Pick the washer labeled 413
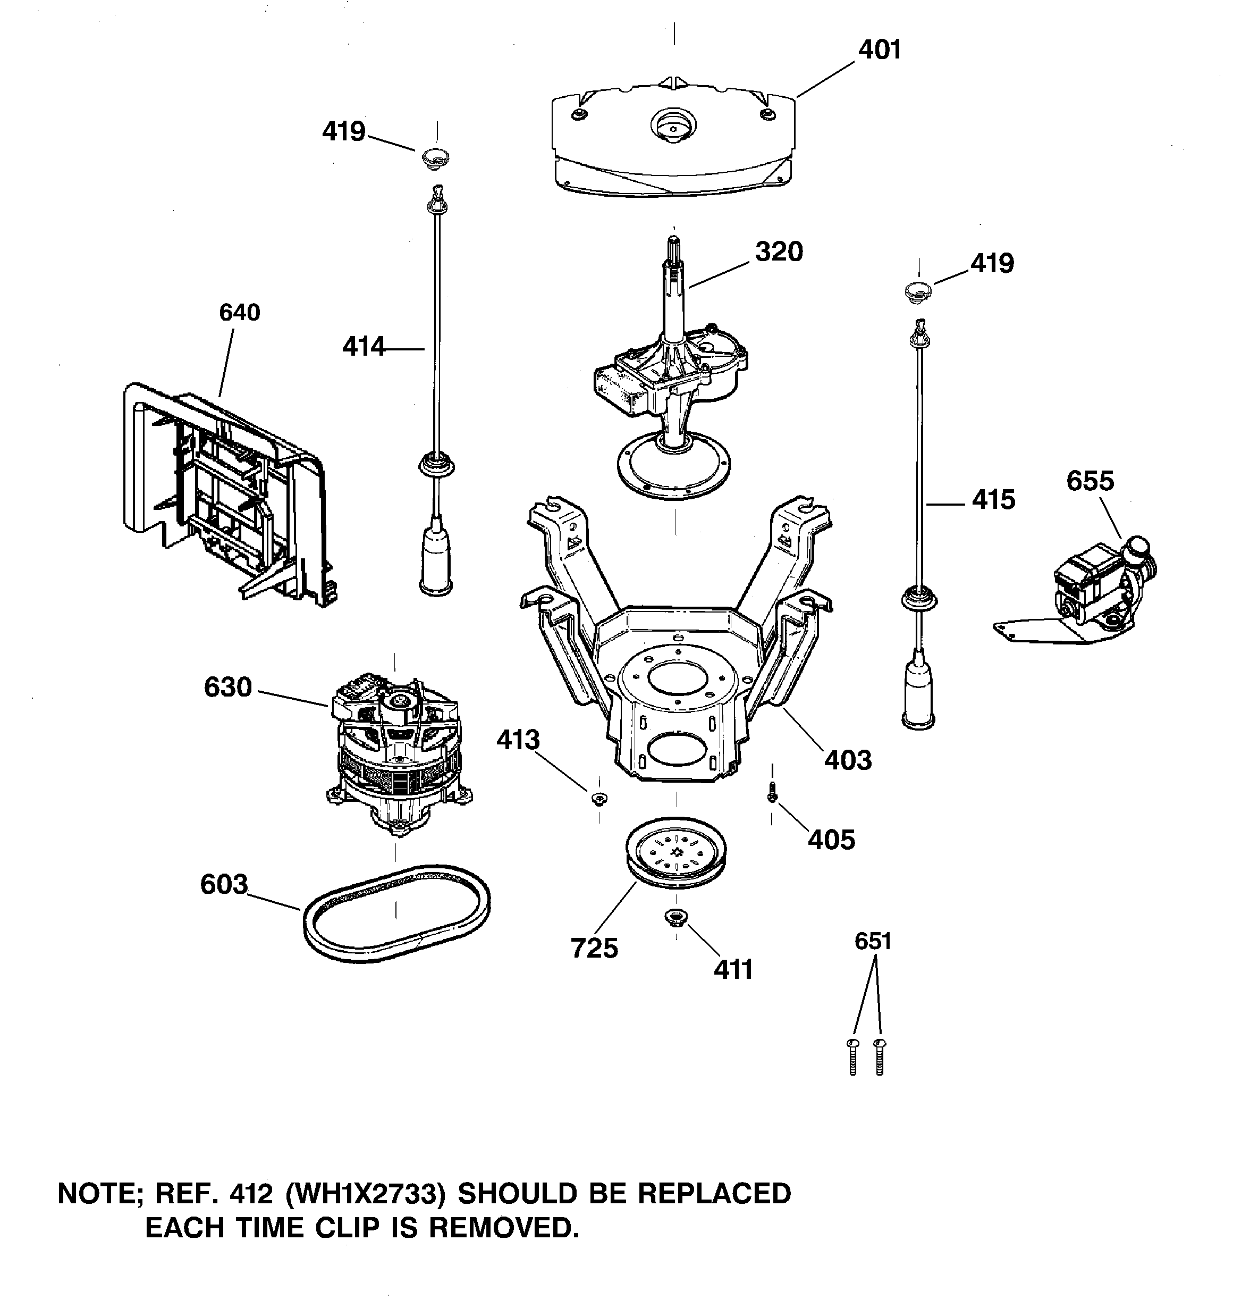click(599, 798)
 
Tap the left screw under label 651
click(852, 1057)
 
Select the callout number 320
click(779, 252)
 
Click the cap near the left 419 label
click(435, 157)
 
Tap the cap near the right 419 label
click(918, 291)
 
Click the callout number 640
click(240, 313)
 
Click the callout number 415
click(993, 500)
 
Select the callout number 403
click(847, 760)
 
